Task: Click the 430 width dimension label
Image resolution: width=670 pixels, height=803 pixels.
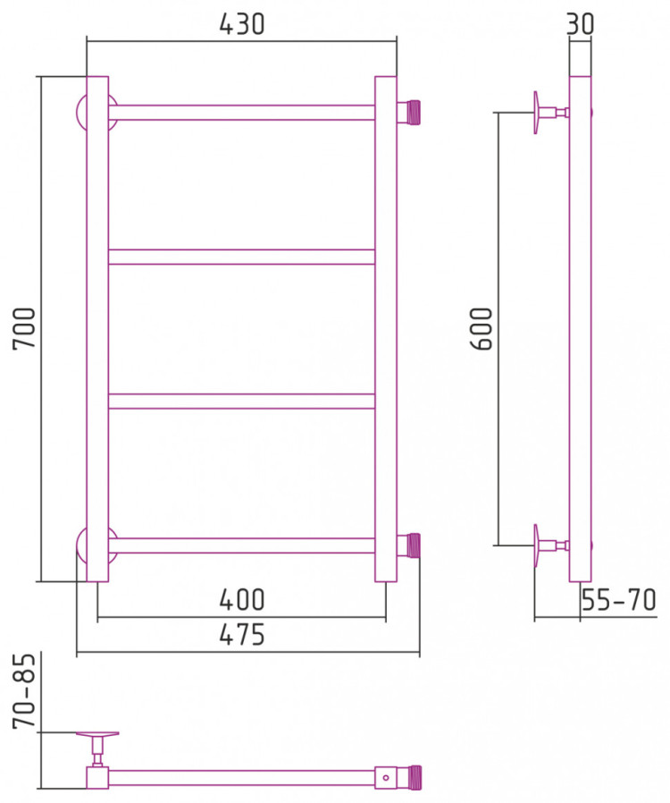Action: pyautogui.click(x=242, y=24)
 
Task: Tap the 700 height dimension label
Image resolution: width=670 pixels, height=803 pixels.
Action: pyautogui.click(x=24, y=328)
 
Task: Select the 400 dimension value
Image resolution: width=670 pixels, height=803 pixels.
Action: pyautogui.click(x=242, y=600)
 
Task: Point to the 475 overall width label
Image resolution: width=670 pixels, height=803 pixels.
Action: pyautogui.click(x=242, y=635)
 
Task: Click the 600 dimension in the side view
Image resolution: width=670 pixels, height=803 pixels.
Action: pyautogui.click(x=482, y=328)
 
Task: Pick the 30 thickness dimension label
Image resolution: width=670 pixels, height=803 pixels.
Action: pyautogui.click(x=581, y=24)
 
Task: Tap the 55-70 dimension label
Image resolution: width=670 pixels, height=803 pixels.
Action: pyautogui.click(x=619, y=600)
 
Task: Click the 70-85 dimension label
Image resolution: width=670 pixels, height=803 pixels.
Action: pyautogui.click(x=24, y=691)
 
